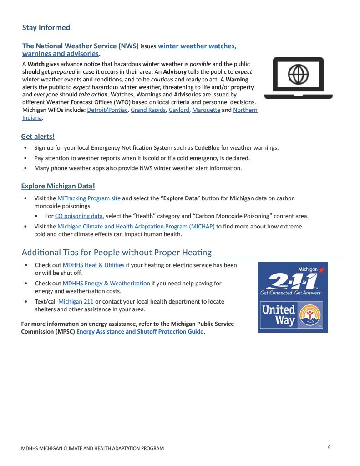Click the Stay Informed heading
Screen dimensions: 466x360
[46, 28]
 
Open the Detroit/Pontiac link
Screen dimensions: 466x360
[107, 110]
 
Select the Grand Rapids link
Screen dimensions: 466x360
[148, 110]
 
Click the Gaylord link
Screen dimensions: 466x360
[178, 110]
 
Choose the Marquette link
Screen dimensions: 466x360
[206, 110]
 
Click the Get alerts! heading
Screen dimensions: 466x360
[38, 137]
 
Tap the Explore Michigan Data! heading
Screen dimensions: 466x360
[58, 186]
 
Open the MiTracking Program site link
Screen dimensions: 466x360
[89, 198]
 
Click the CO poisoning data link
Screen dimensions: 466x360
[79, 216]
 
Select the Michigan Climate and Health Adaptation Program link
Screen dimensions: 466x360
[136, 227]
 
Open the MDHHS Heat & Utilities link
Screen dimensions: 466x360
[93, 265]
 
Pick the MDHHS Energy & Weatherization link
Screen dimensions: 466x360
[106, 284]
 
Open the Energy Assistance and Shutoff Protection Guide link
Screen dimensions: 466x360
[140, 332]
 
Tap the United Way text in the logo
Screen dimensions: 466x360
[278, 315]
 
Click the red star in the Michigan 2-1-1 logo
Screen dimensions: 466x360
[322, 270]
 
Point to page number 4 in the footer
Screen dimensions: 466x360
[329, 447]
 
